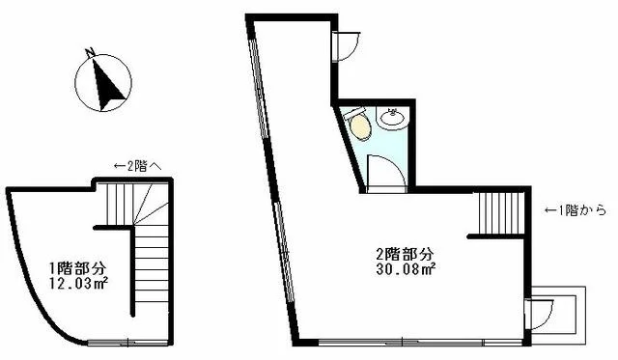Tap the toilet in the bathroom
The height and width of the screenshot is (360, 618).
359,125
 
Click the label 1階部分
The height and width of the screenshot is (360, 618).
77,267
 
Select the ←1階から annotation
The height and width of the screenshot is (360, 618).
576,209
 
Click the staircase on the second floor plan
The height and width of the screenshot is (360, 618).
498,212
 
